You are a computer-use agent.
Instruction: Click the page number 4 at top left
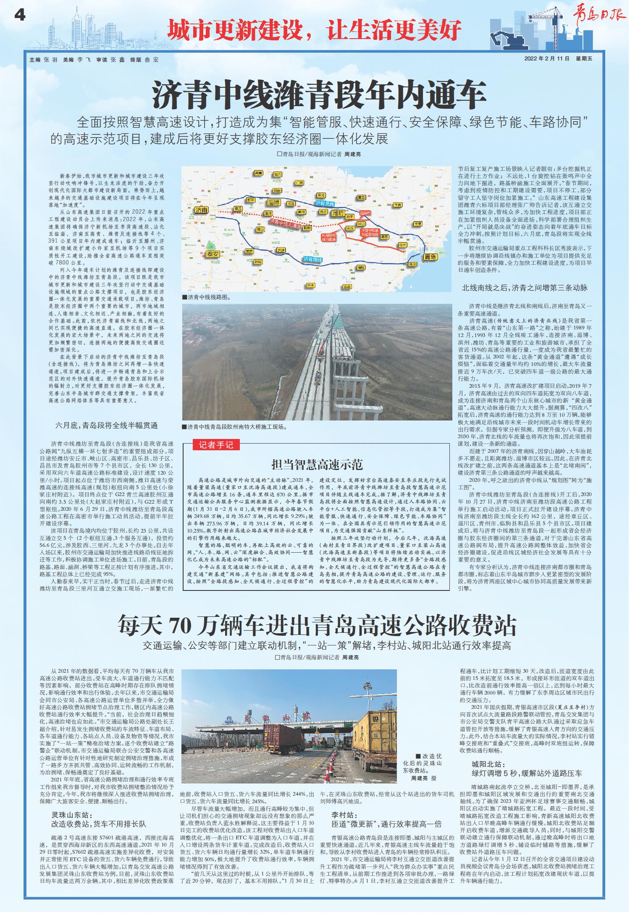[x=20, y=16]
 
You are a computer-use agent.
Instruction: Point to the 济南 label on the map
[x=202, y=210]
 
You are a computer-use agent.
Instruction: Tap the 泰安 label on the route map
[x=213, y=253]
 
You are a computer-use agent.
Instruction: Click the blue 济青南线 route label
[x=312, y=259]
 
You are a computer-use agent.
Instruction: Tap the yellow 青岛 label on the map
[x=430, y=256]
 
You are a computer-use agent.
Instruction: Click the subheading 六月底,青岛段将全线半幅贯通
[x=107, y=425]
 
